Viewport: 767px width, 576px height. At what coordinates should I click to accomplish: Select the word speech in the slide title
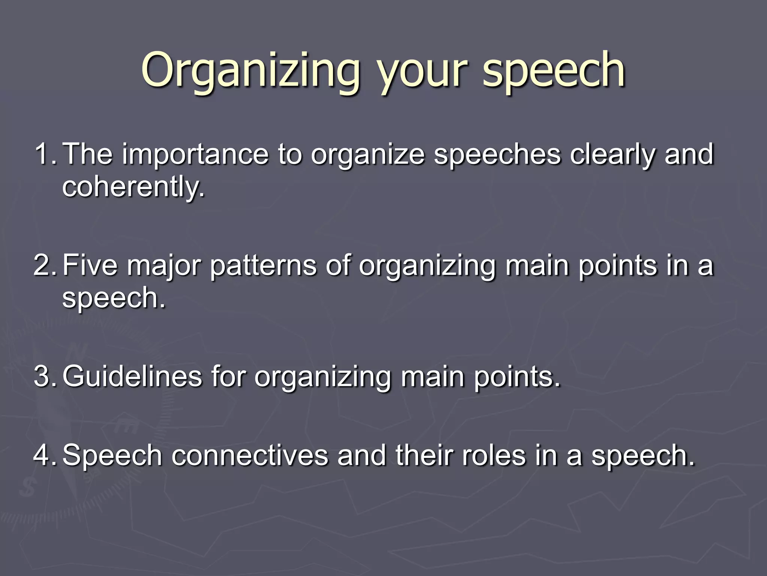[x=554, y=70]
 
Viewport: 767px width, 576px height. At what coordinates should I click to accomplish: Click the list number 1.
[x=45, y=154]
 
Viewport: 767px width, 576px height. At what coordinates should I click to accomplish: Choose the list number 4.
[x=45, y=455]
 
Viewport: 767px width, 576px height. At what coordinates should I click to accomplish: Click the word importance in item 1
[x=195, y=155]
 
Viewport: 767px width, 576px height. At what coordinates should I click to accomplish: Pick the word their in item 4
[x=423, y=455]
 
